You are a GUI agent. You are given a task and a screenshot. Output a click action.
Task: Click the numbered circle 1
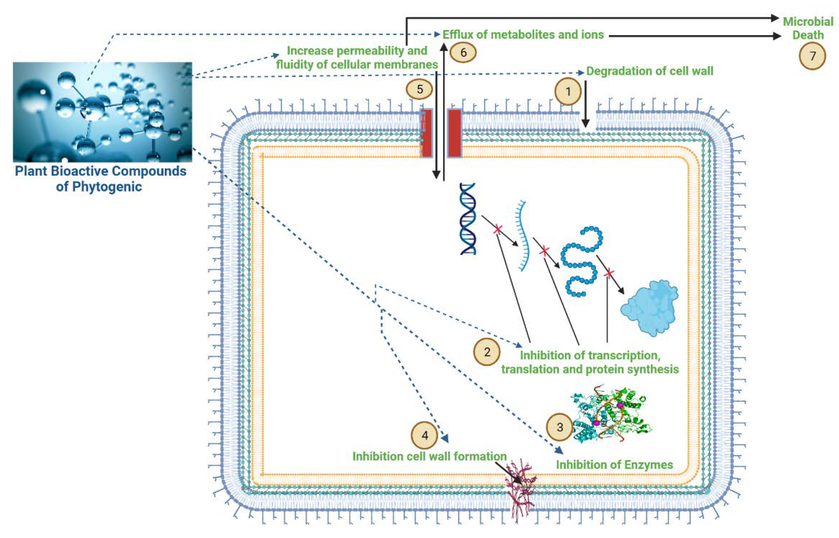click(568, 91)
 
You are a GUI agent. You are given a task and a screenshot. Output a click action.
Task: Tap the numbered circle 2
click(487, 352)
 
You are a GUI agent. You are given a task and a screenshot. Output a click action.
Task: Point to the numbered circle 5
click(419, 89)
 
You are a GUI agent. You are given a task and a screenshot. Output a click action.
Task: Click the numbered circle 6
click(463, 52)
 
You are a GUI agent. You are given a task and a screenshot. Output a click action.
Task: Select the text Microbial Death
click(808, 28)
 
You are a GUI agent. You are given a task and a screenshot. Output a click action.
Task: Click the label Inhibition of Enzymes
click(614, 465)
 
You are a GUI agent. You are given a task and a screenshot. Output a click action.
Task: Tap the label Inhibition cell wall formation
click(429, 456)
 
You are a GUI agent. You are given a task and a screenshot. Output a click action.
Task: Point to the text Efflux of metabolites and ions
click(523, 34)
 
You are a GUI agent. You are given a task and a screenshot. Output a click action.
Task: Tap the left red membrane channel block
click(426, 133)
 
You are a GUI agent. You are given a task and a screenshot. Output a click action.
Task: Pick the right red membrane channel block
click(454, 133)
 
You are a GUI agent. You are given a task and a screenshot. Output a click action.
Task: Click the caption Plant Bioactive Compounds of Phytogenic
click(100, 179)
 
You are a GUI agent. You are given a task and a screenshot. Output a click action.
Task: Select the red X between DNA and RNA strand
click(498, 230)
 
